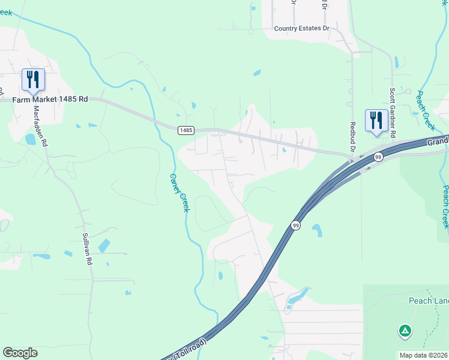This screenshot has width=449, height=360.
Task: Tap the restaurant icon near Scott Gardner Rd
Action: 376,120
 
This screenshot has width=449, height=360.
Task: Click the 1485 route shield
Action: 185,130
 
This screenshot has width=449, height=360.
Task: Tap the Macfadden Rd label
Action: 39,126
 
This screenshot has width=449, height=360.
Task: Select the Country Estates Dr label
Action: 302,28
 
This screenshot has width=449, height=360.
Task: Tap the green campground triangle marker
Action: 405,331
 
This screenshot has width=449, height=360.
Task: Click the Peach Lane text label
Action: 428,301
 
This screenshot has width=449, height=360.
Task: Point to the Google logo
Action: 20,353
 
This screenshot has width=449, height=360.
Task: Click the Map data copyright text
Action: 423,355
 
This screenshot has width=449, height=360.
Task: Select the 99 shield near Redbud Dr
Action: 378,157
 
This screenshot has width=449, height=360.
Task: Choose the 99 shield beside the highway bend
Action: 296,225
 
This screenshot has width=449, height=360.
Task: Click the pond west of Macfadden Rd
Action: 30,139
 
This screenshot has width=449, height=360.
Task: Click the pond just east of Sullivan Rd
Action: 104,245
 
